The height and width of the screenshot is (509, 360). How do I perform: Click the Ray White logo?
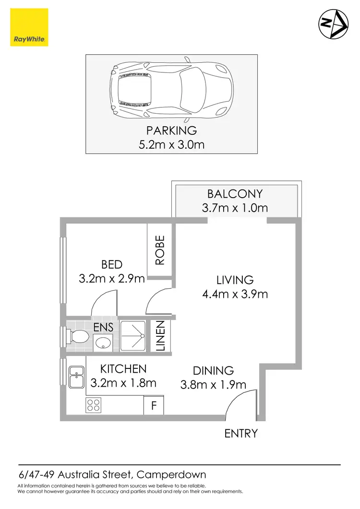29,28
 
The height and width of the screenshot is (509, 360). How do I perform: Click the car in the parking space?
171,90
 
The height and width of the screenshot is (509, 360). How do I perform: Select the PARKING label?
171,130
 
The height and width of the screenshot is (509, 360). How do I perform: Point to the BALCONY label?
235,194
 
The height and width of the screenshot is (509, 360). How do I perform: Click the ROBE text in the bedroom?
160,250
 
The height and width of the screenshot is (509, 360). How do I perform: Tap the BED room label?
112,264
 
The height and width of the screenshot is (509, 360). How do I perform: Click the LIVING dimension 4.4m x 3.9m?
235,294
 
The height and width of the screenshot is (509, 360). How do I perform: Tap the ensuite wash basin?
102,343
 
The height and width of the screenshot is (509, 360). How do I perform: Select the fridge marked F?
154,406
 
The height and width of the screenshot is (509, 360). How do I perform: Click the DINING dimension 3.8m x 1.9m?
213,384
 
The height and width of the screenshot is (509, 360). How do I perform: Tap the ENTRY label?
241,433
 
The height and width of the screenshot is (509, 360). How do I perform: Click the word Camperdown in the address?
171,475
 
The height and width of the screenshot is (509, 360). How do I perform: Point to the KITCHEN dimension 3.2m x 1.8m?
123,383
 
